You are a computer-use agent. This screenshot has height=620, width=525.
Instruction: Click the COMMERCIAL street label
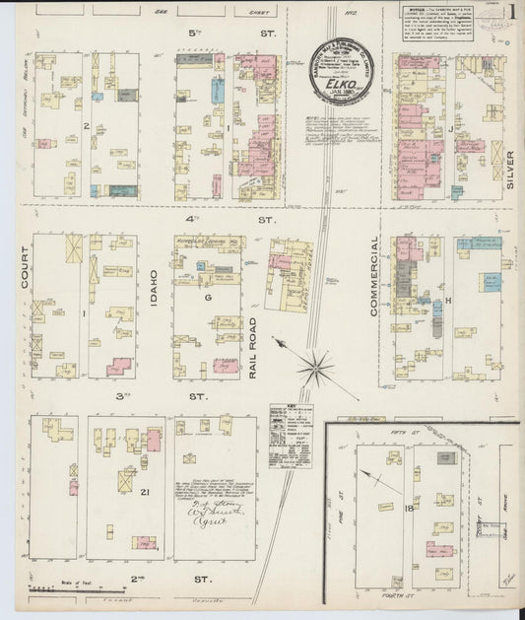375,276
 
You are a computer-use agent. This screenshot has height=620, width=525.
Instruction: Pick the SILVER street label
509,163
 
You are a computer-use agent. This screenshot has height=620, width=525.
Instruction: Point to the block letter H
448,300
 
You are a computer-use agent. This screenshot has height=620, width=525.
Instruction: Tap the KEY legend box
290,426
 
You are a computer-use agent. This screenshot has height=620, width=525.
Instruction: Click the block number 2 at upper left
87,126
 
